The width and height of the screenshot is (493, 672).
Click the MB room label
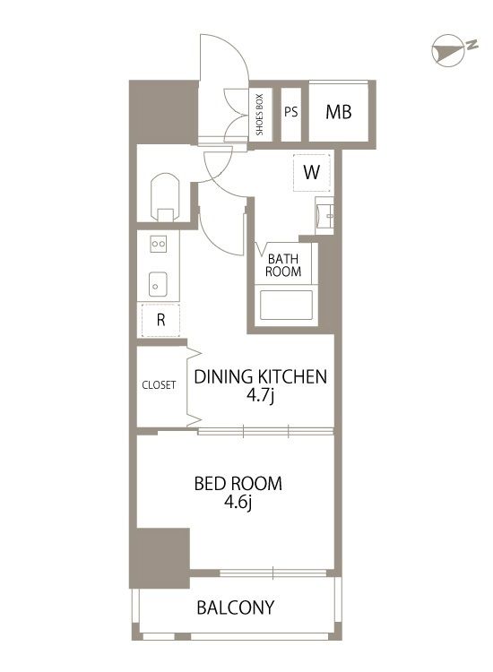[x=338, y=112]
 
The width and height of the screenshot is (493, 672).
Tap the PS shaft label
[x=290, y=112]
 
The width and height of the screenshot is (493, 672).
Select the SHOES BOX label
[x=259, y=115]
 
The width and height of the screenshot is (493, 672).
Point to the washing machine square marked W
[x=312, y=172]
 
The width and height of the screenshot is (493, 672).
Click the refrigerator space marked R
[x=160, y=320]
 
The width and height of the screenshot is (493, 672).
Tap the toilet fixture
[x=166, y=197]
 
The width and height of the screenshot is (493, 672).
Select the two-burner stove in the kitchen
[x=158, y=244]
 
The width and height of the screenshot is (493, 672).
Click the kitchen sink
[x=158, y=284]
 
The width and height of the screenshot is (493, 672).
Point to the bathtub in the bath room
[x=286, y=305]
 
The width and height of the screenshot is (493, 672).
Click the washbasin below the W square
[x=324, y=216]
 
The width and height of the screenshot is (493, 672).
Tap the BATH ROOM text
[x=283, y=265]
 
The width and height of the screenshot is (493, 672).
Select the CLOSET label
[x=159, y=385]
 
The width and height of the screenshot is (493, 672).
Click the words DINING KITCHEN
[x=261, y=376]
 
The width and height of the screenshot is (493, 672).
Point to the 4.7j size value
[x=260, y=396]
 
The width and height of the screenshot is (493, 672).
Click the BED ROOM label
[x=238, y=484]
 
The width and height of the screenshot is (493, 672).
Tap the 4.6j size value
[x=238, y=504]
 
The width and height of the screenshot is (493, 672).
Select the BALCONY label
[x=236, y=607]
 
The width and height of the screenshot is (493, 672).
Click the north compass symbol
[x=448, y=50]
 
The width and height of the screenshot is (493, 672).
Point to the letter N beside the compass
[x=472, y=44]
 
